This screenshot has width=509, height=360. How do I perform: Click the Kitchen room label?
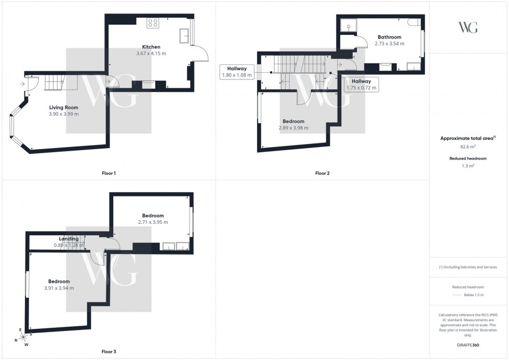coord(152,47)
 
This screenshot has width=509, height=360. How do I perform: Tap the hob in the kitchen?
coord(153,22)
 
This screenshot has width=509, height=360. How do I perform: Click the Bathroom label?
coord(389,37)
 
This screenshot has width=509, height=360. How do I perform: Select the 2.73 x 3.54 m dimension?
coord(389,44)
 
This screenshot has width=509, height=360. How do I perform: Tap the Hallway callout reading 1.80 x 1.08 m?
coord(236,72)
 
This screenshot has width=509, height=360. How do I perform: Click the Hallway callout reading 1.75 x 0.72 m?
coord(361,85)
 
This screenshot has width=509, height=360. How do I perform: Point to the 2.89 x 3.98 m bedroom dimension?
coord(293,128)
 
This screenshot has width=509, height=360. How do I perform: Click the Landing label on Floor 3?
coord(69,239)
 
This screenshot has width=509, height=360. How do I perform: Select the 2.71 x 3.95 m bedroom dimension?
coord(153,222)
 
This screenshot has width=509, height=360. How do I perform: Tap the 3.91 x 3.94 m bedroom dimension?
coord(59,288)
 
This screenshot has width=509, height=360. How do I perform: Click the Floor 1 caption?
coord(109,173)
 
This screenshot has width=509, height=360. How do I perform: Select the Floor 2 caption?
coord(322,173)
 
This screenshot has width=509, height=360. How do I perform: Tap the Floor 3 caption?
coord(109,352)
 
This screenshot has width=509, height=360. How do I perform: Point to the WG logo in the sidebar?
coord(468,28)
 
